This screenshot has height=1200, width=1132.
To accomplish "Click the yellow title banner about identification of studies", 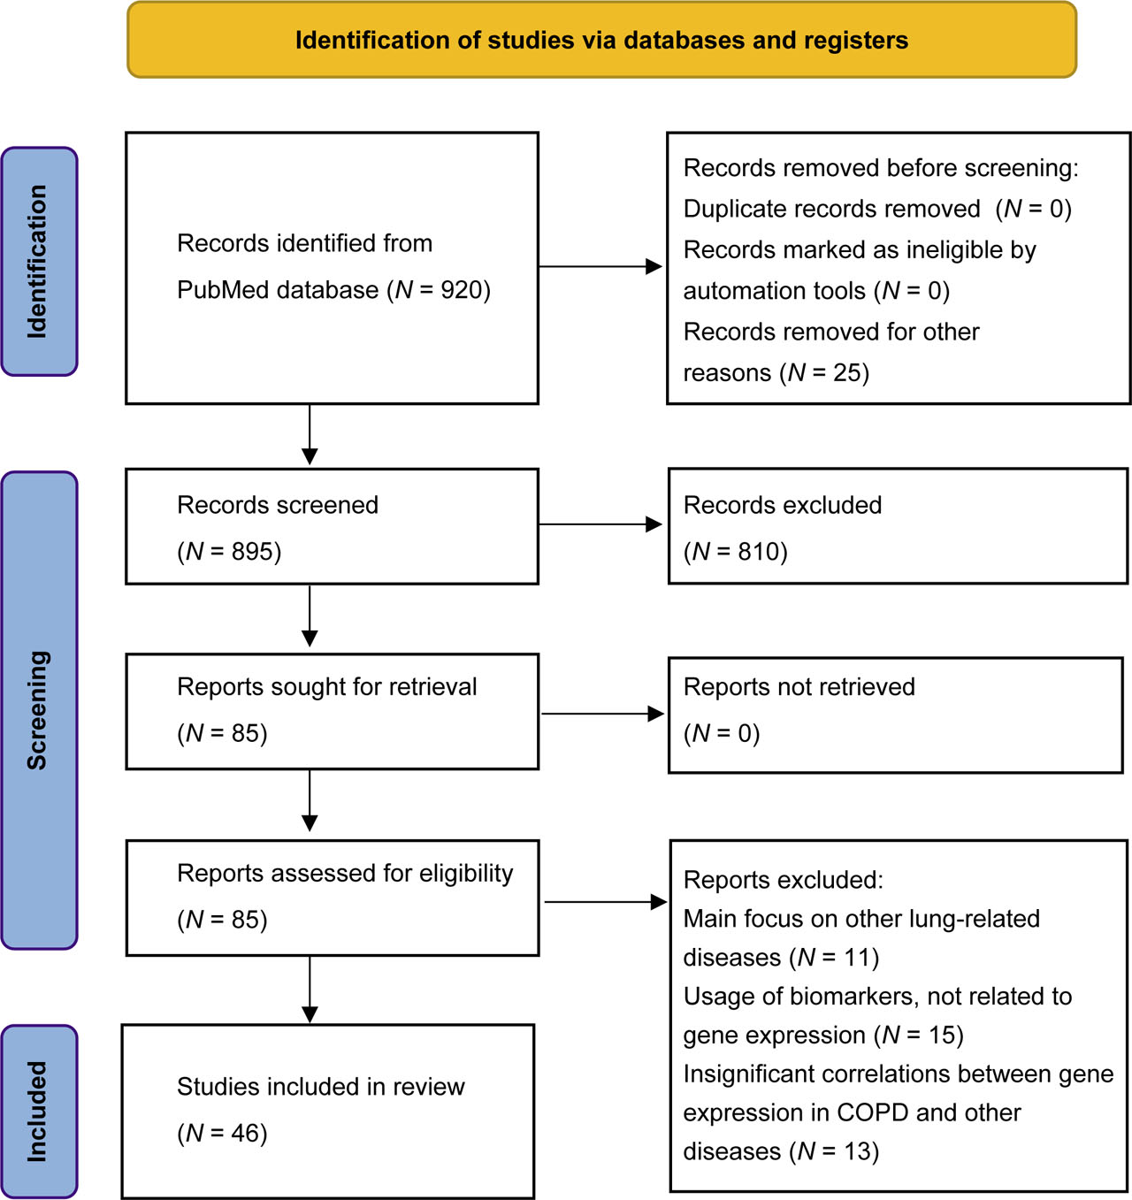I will [601, 41].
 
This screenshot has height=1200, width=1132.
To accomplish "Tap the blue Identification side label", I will [39, 262].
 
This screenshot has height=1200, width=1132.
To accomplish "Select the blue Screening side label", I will [39, 710].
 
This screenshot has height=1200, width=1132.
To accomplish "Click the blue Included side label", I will [39, 1111].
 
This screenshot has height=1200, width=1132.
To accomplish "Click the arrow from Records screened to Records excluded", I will [601, 524].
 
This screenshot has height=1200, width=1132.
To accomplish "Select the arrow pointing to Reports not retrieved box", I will [603, 714].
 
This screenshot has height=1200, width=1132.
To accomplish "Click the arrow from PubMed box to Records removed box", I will [601, 266].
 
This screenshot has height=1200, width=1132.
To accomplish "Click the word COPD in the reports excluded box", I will [872, 1112].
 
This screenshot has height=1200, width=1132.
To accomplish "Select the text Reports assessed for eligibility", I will [345, 874].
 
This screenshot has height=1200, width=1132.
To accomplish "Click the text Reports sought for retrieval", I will [326, 687].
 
